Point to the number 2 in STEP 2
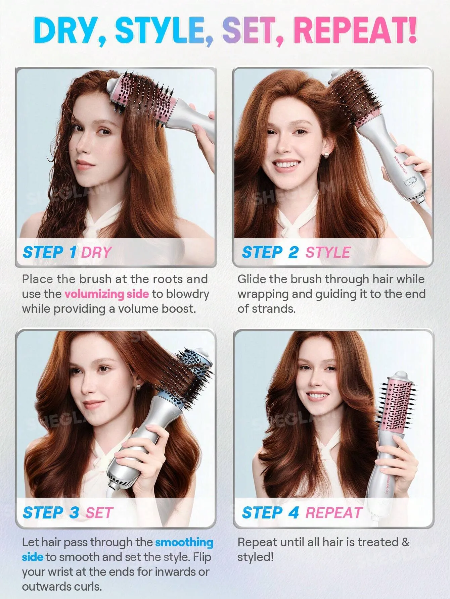tap(294, 252)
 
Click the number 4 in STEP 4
tap(294, 513)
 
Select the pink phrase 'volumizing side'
tap(106, 294)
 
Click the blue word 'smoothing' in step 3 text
tap(184, 542)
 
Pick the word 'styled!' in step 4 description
tap(255, 557)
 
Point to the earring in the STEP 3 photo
tap(137, 388)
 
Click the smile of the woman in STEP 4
tap(317, 396)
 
